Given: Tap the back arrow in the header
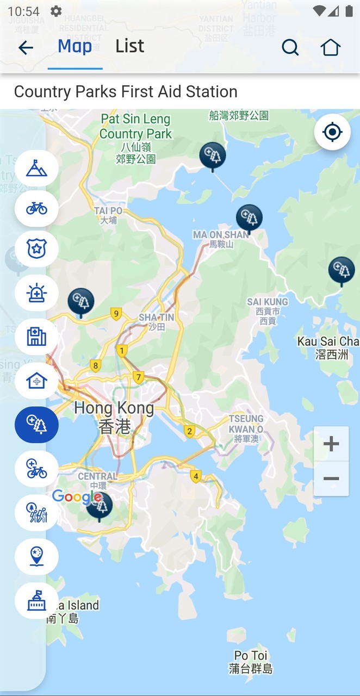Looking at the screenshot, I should click(26, 48).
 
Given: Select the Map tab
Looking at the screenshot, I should click(75, 47).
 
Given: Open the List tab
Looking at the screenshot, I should click(129, 47).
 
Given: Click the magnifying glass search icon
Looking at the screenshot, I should click(290, 48).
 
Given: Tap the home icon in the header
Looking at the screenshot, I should click(330, 48).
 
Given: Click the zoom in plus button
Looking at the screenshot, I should click(331, 444).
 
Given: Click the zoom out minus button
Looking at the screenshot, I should click(331, 478).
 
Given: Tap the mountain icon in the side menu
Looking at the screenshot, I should click(36, 169).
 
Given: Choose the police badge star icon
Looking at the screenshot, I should click(36, 249).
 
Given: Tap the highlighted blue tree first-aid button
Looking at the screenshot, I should click(36, 424).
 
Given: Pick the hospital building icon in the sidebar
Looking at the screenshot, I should click(36, 337).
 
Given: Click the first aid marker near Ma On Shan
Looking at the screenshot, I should click(249, 218).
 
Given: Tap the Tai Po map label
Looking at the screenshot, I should click(108, 215).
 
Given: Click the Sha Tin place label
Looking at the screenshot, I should click(156, 321).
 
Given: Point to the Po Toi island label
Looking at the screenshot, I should click(251, 662).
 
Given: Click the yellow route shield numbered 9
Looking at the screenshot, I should click(115, 313).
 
